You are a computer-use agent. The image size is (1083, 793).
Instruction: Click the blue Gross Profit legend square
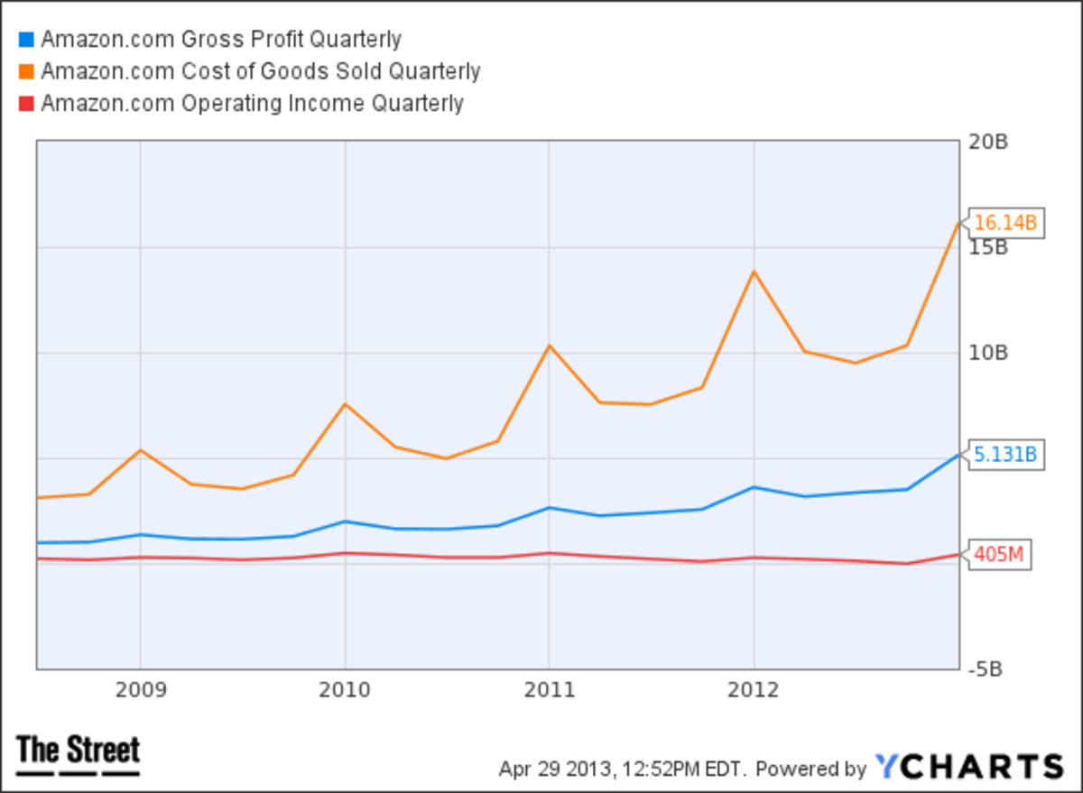pyautogui.click(x=25, y=40)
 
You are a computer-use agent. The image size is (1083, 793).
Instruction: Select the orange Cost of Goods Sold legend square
pyautogui.click(x=25, y=71)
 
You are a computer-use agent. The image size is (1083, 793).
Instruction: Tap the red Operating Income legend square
pyautogui.click(x=25, y=104)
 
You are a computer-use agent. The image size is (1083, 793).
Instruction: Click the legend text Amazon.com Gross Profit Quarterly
pyautogui.click(x=221, y=40)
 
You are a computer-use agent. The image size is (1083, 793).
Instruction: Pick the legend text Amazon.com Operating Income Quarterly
pyautogui.click(x=252, y=104)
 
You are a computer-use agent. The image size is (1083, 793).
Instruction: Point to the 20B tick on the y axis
pyautogui.click(x=988, y=142)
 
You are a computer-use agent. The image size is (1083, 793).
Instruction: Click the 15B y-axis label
pyautogui.click(x=988, y=247)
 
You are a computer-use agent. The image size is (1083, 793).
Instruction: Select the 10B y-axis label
pyautogui.click(x=988, y=353)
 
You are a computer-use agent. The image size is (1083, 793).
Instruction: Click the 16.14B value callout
pyautogui.click(x=1006, y=223)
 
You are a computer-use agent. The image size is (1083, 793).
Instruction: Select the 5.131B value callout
pyautogui.click(x=1006, y=456)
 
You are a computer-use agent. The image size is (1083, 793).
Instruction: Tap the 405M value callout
pyautogui.click(x=1000, y=555)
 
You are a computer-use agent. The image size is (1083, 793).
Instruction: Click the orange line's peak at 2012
pyautogui.click(x=754, y=272)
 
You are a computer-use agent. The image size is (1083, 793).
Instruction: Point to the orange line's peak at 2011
pyautogui.click(x=549, y=346)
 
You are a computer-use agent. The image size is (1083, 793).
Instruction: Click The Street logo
pyautogui.click(x=79, y=754)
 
